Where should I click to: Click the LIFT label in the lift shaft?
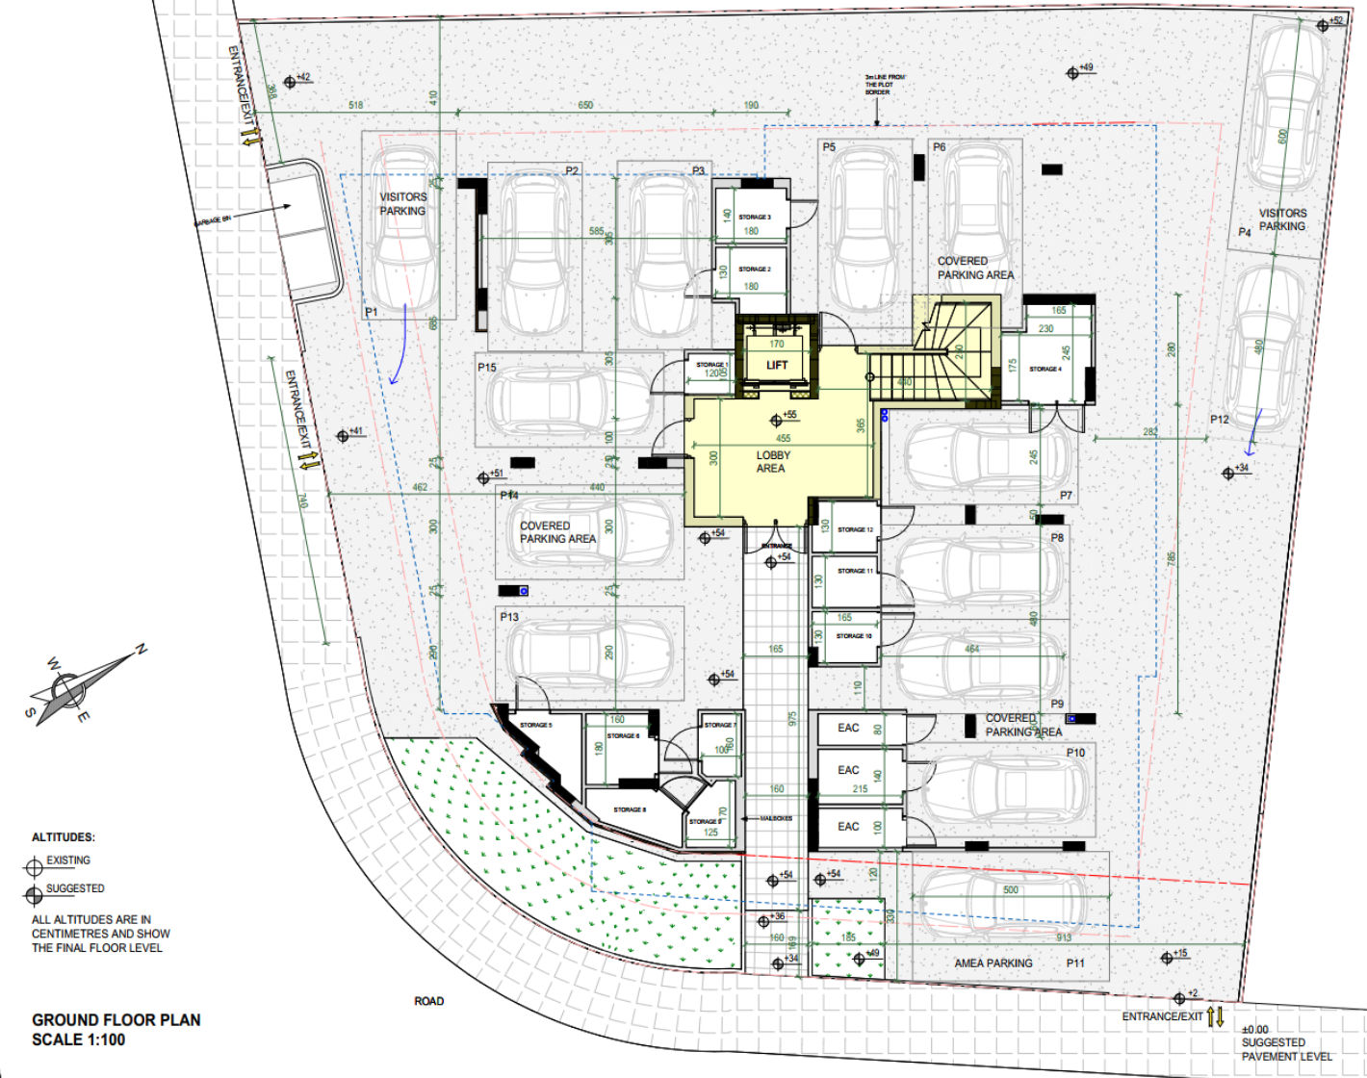[x=777, y=365]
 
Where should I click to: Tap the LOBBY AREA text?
[x=771, y=462]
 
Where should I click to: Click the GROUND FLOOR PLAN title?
[x=116, y=1020]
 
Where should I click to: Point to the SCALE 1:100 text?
[x=79, y=1040]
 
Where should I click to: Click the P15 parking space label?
[x=487, y=368]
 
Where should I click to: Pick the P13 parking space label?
[x=509, y=617]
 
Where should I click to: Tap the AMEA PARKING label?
[x=993, y=963]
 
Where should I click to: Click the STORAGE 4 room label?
[x=1045, y=370]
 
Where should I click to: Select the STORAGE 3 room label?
[x=755, y=218]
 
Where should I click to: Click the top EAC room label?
[x=848, y=728]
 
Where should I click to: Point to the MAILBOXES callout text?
[x=776, y=818]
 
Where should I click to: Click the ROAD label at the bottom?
[x=429, y=1001]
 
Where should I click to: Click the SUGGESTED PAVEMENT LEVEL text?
[x=1286, y=1049]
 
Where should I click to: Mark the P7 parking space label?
[x=1066, y=496]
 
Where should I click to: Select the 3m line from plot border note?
[x=884, y=85]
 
